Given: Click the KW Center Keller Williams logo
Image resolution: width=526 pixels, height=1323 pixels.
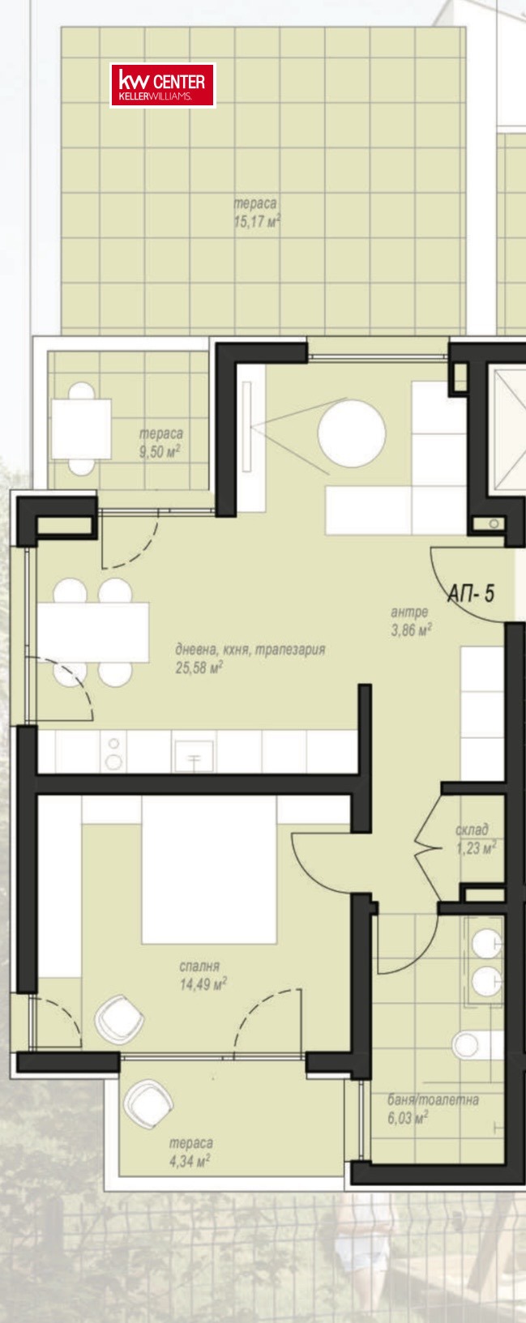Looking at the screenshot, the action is (163, 86).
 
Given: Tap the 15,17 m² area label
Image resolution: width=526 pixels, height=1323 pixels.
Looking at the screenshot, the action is (257, 223).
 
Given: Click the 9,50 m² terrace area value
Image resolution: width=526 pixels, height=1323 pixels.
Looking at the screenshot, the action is (160, 452).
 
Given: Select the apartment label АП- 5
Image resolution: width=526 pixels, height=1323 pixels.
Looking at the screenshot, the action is (471, 593).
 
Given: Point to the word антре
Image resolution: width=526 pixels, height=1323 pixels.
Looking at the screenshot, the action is (409, 612).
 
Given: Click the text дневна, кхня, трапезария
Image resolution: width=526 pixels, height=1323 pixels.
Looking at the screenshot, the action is (250, 651).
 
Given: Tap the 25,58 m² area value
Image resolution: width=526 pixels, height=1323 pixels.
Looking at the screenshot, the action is (199, 668).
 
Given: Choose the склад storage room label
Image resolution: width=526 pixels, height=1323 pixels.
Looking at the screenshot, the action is (472, 830).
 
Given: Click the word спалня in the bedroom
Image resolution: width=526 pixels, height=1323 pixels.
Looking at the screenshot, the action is (199, 967).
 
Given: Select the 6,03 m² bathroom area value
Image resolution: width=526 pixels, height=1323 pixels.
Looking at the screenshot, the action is (408, 1117).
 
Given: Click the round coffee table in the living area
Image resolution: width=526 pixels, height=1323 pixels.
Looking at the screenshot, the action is (352, 433).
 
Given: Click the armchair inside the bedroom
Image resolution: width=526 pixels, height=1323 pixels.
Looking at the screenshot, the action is (119, 1018).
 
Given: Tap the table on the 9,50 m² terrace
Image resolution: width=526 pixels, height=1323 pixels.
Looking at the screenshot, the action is (81, 429).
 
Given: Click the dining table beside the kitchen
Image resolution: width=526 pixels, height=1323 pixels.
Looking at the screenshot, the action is (92, 632).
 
